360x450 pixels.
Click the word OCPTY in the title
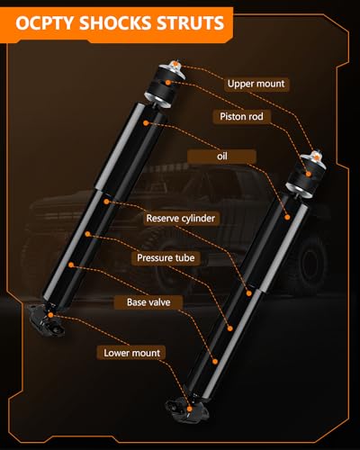(x=44, y=23)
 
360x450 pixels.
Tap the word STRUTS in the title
(x=190, y=23)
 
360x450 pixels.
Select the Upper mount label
(x=256, y=84)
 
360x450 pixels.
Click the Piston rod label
(x=241, y=116)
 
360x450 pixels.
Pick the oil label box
(x=221, y=157)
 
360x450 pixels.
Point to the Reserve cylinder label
(x=181, y=218)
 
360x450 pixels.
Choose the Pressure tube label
(x=166, y=257)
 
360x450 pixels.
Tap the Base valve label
(x=148, y=302)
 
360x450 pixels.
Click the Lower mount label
(x=131, y=353)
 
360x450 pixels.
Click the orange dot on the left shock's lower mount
(x=50, y=315)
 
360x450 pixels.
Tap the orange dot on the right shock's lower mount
(x=189, y=409)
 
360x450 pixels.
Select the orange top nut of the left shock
(x=175, y=64)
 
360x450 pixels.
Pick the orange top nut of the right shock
(x=316, y=156)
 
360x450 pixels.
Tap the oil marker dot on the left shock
(x=146, y=122)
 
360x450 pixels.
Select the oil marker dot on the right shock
(x=287, y=217)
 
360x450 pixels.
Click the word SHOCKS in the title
(x=115, y=23)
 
